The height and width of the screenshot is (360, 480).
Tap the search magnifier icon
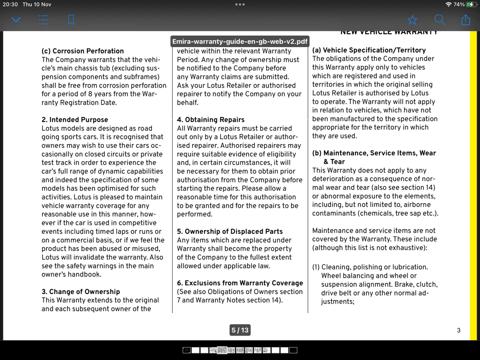click(439, 20)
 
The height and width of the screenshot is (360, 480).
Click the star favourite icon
click(412, 20)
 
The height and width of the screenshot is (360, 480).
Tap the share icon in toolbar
click(466, 20)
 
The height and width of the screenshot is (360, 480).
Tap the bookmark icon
click(71, 20)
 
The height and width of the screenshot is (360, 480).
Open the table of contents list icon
click(43, 20)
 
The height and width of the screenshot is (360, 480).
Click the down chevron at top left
click(16, 20)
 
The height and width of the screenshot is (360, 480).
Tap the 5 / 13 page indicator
click(240, 330)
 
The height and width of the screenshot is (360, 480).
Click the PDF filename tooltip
click(240, 41)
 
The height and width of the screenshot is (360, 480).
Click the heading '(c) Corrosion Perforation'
click(83, 51)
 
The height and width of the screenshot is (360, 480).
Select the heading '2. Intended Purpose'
click(75, 120)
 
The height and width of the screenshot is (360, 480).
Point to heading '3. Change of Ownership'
click(81, 292)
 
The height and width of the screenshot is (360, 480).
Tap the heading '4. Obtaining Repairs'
click(211, 120)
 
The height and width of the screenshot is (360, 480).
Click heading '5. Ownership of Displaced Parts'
click(230, 231)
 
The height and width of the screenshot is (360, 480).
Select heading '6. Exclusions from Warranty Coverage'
click(240, 283)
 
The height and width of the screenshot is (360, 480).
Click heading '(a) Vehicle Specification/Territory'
click(369, 50)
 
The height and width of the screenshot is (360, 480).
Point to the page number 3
click(458, 330)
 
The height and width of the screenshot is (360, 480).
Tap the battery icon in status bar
click(471, 4)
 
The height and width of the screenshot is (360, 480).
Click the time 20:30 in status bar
click(10, 4)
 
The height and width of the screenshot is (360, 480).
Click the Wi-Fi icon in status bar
click(448, 4)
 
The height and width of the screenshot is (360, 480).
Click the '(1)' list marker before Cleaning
click(316, 267)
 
